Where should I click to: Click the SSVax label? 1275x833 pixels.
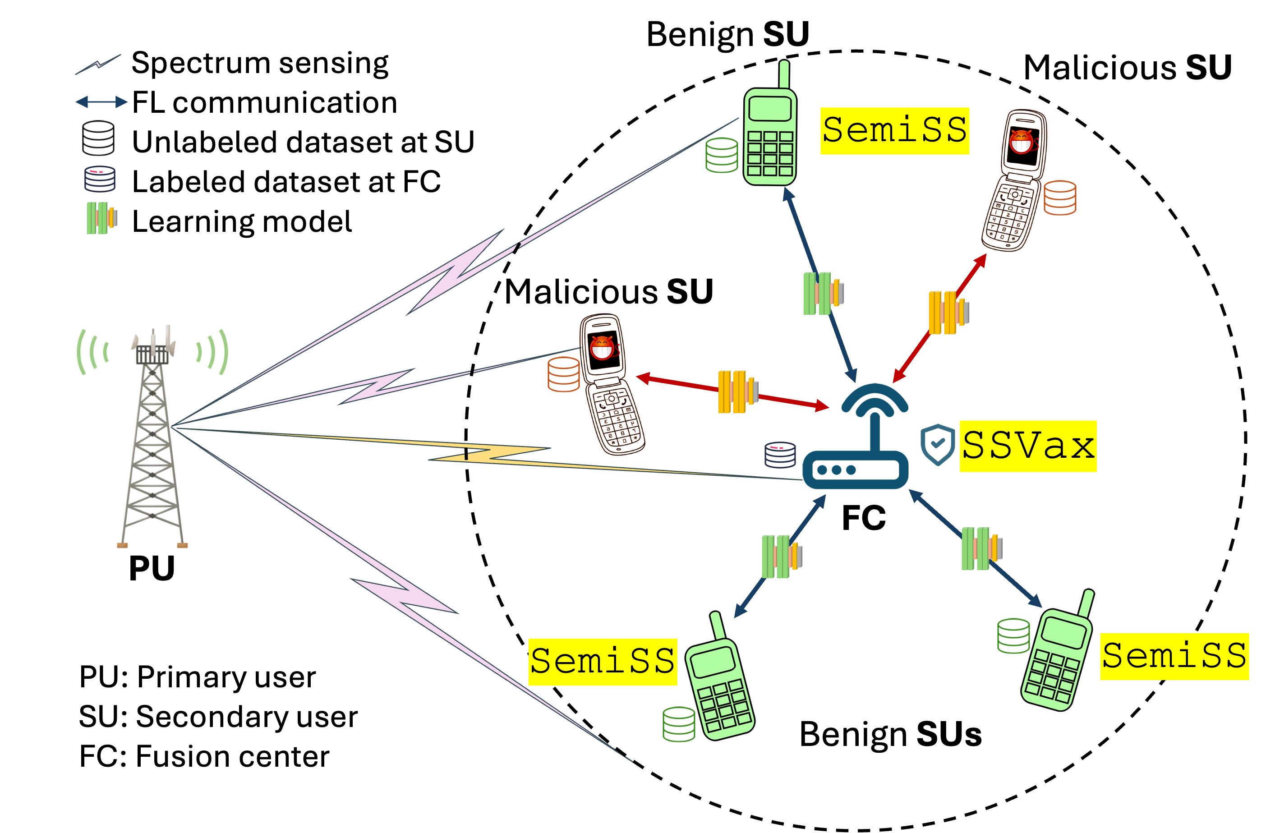[1027, 446]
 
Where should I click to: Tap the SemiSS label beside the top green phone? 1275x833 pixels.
[895, 131]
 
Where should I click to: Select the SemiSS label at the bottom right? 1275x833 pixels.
[1174, 657]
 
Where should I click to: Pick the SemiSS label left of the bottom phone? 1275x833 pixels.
[602, 662]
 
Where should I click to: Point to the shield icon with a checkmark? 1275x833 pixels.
[937, 444]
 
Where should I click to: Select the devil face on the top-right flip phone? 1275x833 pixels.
[1021, 142]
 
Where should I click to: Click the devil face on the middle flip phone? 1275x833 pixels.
[602, 348]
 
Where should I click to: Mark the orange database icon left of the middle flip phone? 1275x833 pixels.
[563, 374]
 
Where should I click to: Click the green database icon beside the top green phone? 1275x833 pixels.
[722, 155]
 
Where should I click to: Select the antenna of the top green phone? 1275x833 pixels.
[784, 75]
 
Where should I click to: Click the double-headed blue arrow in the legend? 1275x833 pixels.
[101, 102]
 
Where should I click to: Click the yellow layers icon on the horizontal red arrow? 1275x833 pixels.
[738, 391]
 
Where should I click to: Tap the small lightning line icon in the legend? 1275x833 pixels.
[98, 64]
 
